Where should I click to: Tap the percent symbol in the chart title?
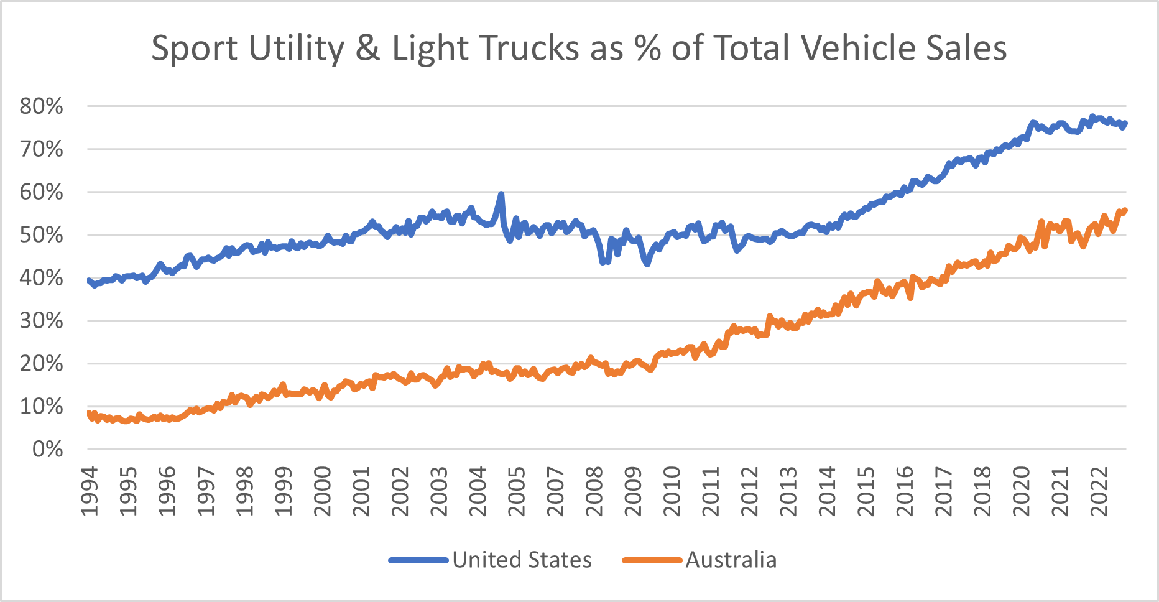point(647,48)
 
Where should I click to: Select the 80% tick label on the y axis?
point(42,106)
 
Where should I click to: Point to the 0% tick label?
point(47,449)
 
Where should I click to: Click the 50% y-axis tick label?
point(42,235)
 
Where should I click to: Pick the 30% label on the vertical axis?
point(42,321)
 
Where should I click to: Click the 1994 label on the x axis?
point(90,491)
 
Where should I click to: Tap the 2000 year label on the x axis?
point(323,491)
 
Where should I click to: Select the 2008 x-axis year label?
point(594,491)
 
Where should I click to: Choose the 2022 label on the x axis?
point(1099,491)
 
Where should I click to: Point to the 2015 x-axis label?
point(866,491)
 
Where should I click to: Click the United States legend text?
point(522,560)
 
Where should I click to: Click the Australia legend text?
point(731,560)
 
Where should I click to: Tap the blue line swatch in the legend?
point(418,560)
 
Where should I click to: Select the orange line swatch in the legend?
point(652,560)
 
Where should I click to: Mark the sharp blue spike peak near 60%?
point(501,194)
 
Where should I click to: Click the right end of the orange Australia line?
point(1125,210)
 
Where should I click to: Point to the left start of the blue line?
point(88,280)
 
